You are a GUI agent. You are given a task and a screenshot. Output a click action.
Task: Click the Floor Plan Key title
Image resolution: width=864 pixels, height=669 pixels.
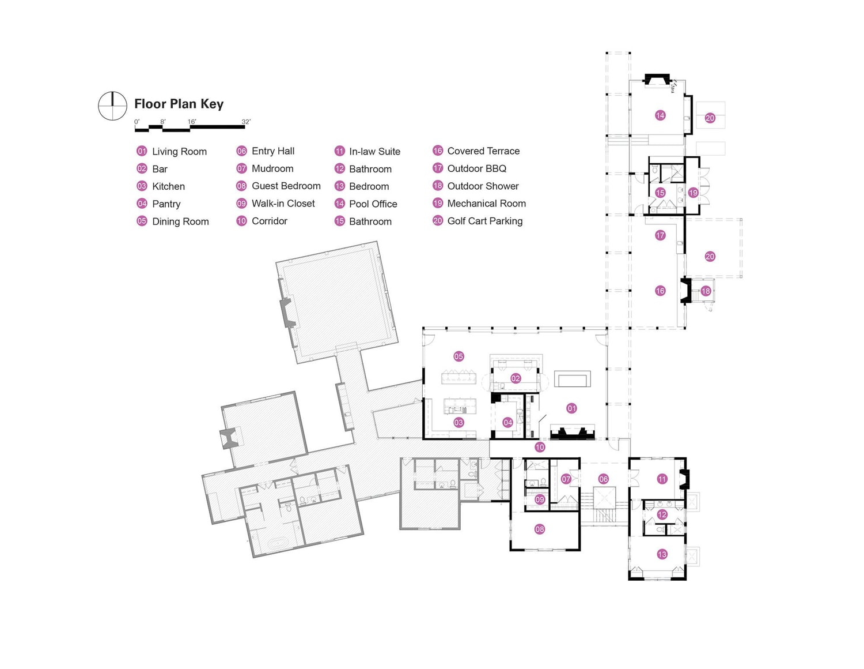[x=179, y=104]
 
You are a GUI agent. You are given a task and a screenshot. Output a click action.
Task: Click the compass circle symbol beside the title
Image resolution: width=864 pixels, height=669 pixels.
[x=112, y=106]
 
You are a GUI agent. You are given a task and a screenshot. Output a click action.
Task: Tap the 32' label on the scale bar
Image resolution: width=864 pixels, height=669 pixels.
[x=246, y=122]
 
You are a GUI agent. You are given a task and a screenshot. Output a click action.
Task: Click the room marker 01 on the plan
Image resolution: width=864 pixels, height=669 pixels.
[x=571, y=408]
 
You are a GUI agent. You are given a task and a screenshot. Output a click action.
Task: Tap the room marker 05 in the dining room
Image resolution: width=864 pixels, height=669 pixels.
[x=458, y=356]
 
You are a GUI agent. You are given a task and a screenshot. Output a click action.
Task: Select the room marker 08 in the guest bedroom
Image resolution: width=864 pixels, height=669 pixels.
[x=540, y=529]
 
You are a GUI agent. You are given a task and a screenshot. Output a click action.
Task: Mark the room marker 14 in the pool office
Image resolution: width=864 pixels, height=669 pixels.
[x=660, y=115]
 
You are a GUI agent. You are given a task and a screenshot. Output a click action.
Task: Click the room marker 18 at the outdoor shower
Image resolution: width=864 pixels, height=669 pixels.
[x=706, y=291]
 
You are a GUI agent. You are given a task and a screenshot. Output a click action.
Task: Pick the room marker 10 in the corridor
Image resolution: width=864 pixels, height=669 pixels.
[x=540, y=447]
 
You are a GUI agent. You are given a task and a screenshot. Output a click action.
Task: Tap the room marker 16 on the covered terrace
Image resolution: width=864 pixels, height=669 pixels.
[x=660, y=291]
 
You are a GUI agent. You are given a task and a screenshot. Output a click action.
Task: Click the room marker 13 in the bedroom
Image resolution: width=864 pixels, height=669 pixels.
[x=662, y=554]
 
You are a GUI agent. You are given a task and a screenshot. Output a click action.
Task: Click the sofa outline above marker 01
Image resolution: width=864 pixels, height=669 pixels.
[x=572, y=379]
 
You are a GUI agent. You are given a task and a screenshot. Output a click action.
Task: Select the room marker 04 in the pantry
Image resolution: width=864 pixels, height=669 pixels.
[x=507, y=423]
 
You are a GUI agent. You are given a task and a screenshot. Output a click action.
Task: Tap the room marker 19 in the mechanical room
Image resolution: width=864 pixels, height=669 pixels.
[x=693, y=193]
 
